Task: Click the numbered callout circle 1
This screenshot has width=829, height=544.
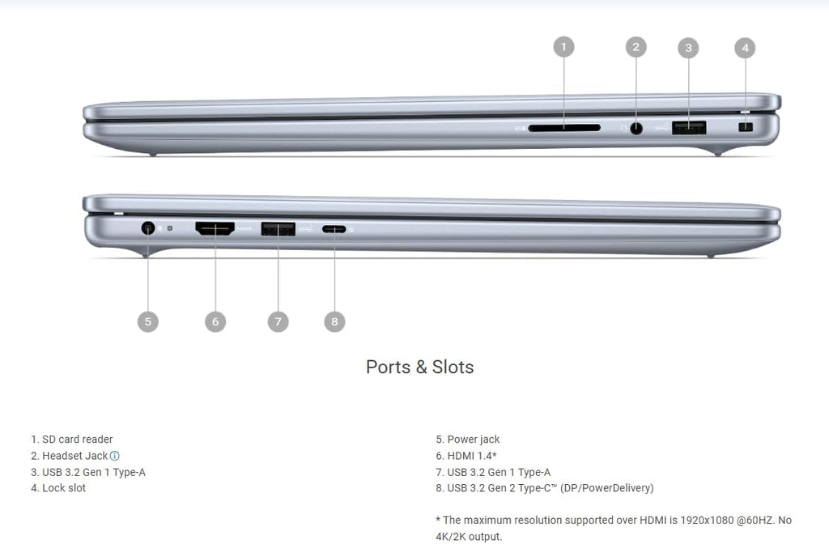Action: [x=563, y=47]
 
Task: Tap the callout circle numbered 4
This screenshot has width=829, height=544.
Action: [x=745, y=48]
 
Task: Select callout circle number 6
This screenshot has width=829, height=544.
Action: [x=215, y=321]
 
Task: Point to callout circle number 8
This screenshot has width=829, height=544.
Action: [x=334, y=321]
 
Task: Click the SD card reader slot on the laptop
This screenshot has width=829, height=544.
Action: [x=564, y=128]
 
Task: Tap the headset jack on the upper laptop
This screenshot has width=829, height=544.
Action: [x=636, y=128]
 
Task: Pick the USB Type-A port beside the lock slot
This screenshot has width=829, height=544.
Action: [x=689, y=128]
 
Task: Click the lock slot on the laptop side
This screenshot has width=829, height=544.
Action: [x=746, y=127]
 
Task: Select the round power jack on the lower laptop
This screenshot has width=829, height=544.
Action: [x=148, y=228]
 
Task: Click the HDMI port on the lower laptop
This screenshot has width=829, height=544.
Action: [x=215, y=228]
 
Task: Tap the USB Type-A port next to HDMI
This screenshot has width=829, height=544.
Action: [x=278, y=229]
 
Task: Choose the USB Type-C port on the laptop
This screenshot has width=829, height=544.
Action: [x=334, y=229]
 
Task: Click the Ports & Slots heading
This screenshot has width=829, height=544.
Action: [x=420, y=367]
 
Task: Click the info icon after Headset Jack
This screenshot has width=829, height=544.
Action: [x=115, y=456]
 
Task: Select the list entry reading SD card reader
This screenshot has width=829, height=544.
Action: [x=72, y=440]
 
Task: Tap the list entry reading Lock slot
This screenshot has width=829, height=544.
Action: [x=58, y=488]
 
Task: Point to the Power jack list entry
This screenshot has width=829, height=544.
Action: [x=468, y=440]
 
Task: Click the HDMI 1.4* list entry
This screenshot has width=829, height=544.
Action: [x=466, y=456]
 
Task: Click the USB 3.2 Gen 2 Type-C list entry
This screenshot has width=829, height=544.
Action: [x=545, y=488]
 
